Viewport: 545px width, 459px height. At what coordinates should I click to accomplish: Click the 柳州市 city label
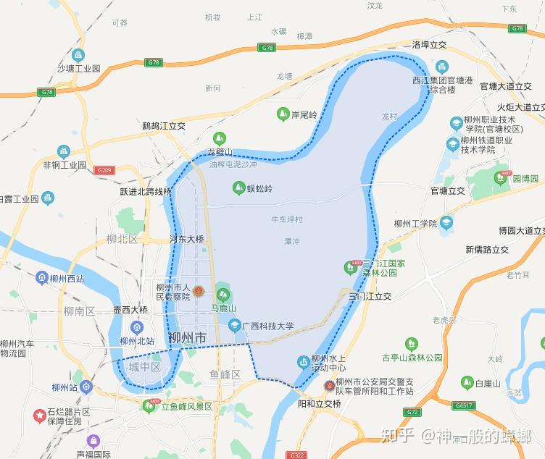tap(187, 338)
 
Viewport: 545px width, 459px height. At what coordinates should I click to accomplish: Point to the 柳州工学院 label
tap(415, 224)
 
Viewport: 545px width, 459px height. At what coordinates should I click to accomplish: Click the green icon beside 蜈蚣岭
tap(238, 188)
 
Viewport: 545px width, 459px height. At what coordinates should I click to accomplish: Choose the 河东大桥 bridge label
tap(187, 239)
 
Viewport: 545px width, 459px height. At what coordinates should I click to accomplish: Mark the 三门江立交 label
tap(370, 296)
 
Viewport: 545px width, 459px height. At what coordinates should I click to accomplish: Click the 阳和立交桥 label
tap(319, 403)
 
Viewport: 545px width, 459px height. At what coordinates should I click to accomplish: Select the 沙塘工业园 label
tap(78, 69)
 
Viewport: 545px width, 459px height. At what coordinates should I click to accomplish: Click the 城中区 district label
tap(144, 367)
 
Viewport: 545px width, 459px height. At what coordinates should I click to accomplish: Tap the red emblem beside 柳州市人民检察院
tap(199, 291)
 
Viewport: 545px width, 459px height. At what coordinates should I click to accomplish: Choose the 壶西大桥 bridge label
tap(130, 310)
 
